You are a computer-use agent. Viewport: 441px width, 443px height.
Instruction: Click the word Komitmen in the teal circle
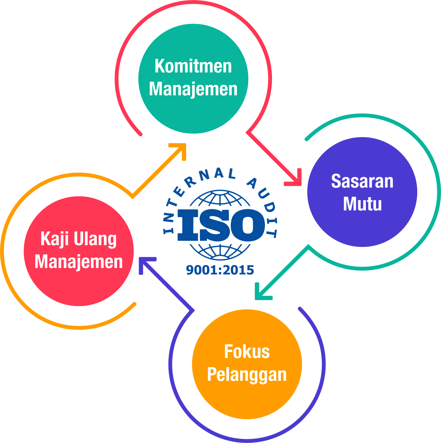193,66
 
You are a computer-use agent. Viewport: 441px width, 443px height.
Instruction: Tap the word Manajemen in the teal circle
193,89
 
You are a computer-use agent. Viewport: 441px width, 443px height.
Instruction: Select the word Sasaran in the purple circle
362,181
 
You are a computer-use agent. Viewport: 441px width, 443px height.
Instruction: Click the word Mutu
362,204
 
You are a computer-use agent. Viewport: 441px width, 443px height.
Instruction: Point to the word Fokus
247,352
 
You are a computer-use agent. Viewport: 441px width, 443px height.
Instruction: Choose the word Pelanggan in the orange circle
247,375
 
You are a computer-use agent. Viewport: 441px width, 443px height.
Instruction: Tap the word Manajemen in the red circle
78,262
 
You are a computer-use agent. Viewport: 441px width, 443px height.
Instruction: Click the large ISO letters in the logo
221,225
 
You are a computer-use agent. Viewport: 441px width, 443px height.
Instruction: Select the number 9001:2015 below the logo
220,270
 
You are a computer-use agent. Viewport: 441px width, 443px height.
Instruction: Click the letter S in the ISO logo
215,225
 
